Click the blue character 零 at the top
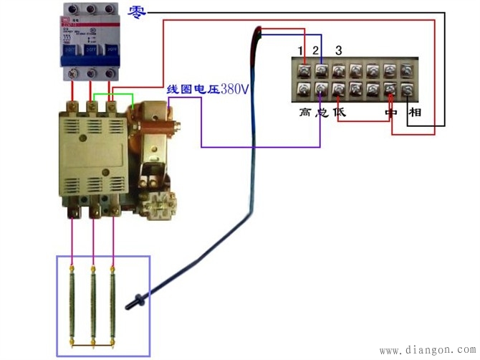click(139, 11)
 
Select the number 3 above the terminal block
click(338, 49)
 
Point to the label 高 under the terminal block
click(306, 113)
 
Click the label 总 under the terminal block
click(322, 113)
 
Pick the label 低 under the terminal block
click(338, 113)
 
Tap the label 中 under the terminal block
click(391, 113)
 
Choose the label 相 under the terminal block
click(415, 113)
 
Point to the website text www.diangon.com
click(426, 351)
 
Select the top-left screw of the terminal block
click(305, 70)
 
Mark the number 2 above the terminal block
click(316, 50)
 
